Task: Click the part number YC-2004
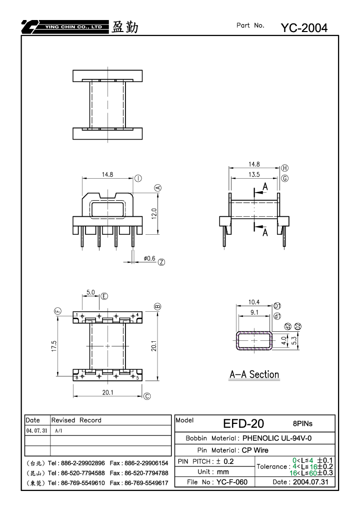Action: (x=304, y=28)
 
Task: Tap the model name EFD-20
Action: (x=243, y=423)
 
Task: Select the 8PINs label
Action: (x=302, y=423)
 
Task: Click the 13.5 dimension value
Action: (x=254, y=174)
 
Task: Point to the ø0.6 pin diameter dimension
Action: (x=149, y=258)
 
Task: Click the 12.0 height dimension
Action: (x=154, y=214)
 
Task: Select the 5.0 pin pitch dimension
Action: (x=90, y=292)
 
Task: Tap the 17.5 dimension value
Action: (x=54, y=346)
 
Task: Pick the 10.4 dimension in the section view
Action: (x=254, y=302)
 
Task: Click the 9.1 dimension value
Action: (x=254, y=312)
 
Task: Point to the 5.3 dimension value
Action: (x=294, y=340)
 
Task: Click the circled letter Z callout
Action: (x=161, y=262)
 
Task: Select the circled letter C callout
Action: (x=147, y=396)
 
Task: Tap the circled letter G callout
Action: (x=284, y=178)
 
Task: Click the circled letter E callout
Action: (x=104, y=296)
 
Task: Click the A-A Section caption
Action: (x=254, y=374)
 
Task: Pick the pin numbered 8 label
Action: (x=77, y=378)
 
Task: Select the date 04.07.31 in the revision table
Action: (x=36, y=430)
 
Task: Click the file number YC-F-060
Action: (x=232, y=482)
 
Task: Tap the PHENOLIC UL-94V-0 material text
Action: (x=277, y=438)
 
